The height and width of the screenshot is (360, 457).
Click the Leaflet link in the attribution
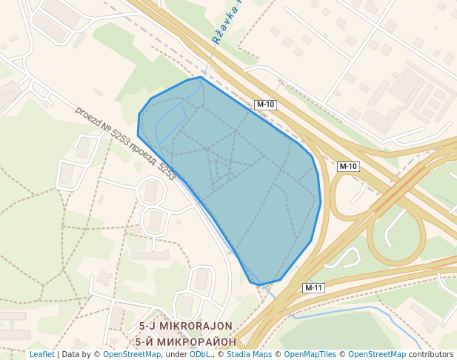[x=41, y=354]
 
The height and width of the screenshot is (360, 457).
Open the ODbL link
[x=200, y=354]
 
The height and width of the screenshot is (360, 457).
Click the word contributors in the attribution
[x=431, y=354]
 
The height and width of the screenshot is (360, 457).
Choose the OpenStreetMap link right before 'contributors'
[x=376, y=354]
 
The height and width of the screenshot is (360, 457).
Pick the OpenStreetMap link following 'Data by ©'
[x=131, y=354]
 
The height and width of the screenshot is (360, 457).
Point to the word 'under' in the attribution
[x=176, y=354]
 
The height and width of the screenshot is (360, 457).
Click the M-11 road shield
[x=313, y=287]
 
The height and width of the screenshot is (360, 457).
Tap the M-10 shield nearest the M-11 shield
[x=347, y=167]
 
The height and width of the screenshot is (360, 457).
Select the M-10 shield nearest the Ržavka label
[x=265, y=104]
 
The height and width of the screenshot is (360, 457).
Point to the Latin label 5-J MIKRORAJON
[x=185, y=326]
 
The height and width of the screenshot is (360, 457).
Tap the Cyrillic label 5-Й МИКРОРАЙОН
[x=186, y=341]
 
